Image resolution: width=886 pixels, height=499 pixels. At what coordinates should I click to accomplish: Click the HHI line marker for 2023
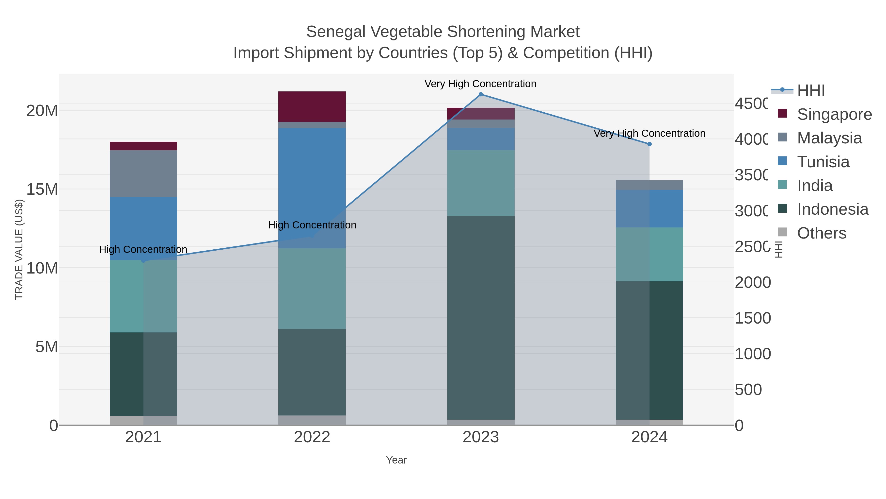coord(480,94)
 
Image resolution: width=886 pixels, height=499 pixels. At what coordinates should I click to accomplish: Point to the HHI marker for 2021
coord(143,261)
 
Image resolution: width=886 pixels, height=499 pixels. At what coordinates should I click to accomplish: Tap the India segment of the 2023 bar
coord(480,183)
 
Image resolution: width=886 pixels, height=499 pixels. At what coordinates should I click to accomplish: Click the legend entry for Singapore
coord(834,114)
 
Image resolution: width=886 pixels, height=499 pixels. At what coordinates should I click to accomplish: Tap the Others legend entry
coord(821,233)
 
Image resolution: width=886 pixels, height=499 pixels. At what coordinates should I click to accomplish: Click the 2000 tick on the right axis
coord(753,282)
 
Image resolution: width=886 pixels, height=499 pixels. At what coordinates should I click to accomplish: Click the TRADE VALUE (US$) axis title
coord(19,249)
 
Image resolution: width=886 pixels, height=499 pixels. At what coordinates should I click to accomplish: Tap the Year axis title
coord(396,460)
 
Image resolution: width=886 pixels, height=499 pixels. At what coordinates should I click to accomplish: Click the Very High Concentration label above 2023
coord(480,84)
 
